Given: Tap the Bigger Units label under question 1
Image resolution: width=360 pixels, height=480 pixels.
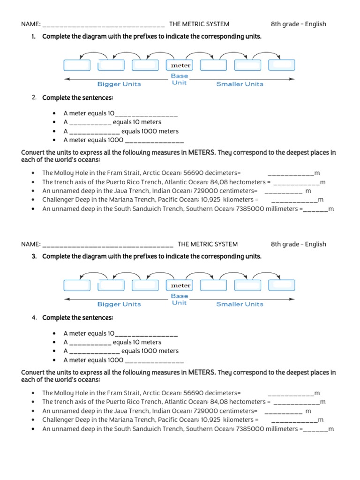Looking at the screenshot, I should pyautogui.click(x=119, y=84).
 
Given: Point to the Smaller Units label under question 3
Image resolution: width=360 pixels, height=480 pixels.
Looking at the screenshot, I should pyautogui.click(x=240, y=304).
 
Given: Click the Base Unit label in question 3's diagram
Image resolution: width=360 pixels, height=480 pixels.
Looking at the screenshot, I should pyautogui.click(x=180, y=300).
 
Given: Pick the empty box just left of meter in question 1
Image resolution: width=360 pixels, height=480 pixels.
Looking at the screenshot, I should pyautogui.click(x=146, y=66).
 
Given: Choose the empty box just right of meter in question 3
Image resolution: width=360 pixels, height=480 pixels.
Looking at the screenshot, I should pyautogui.click(x=213, y=285).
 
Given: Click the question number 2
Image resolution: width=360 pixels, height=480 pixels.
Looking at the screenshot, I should pyautogui.click(x=34, y=97).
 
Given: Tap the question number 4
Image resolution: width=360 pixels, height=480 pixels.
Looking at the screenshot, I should pyautogui.click(x=34, y=318).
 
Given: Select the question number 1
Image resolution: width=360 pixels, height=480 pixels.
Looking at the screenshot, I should pyautogui.click(x=34, y=37).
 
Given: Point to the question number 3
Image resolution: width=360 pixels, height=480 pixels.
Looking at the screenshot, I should pyautogui.click(x=34, y=256).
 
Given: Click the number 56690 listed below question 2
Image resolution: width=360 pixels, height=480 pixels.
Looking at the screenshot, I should pyautogui.click(x=194, y=173).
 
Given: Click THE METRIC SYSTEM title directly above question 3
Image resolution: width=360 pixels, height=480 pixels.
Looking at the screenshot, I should pyautogui.click(x=208, y=244).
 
